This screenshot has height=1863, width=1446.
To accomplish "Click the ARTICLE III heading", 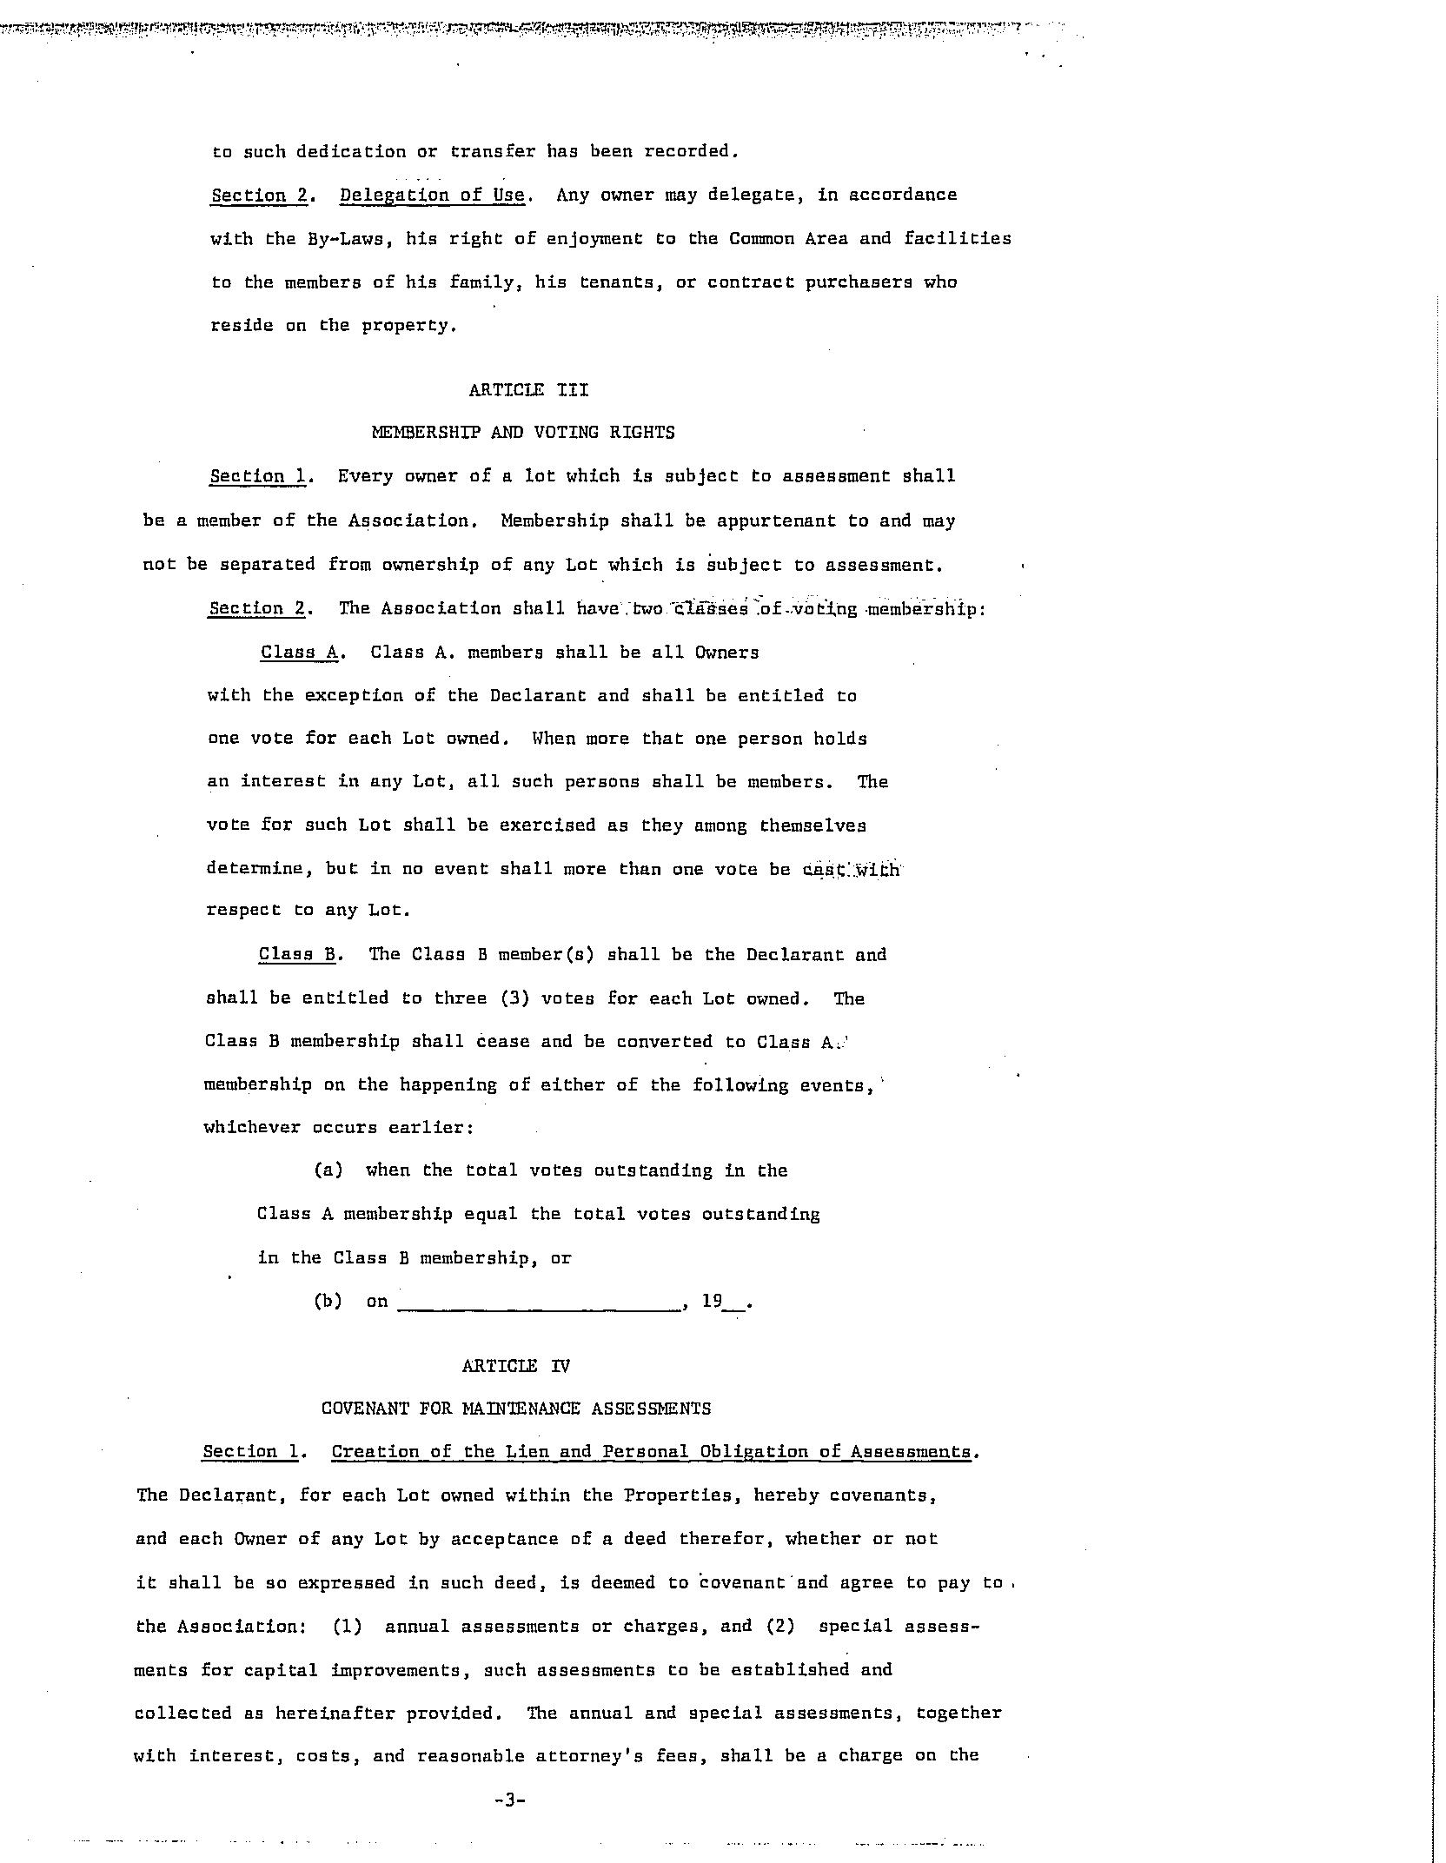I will (528, 390).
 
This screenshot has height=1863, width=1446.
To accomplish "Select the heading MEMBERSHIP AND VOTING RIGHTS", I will (523, 433).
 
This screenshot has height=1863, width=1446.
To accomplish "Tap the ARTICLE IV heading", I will (516, 1366).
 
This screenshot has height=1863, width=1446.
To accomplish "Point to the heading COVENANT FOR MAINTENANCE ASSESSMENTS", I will (516, 1409).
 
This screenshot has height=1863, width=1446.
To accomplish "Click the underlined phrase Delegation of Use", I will (432, 195).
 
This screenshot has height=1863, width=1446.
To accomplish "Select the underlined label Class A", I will (299, 653).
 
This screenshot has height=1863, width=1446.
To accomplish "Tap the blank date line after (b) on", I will (539, 1302).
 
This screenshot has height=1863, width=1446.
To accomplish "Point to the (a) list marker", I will (328, 1170).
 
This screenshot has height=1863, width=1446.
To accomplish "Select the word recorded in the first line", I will (690, 151).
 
